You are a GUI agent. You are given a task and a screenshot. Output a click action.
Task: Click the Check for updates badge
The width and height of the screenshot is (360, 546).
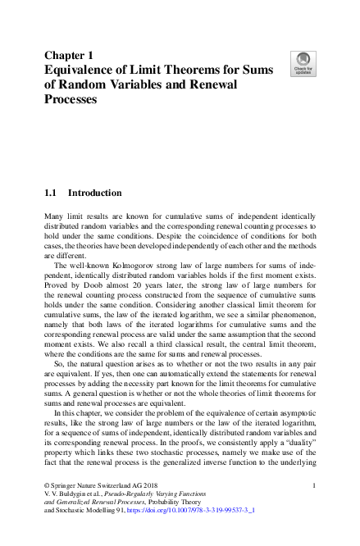click(x=304, y=64)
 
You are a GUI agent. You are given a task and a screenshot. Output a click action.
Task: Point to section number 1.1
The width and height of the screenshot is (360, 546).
click(x=50, y=193)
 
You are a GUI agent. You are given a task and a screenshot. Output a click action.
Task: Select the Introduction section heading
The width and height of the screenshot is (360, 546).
click(x=94, y=193)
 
